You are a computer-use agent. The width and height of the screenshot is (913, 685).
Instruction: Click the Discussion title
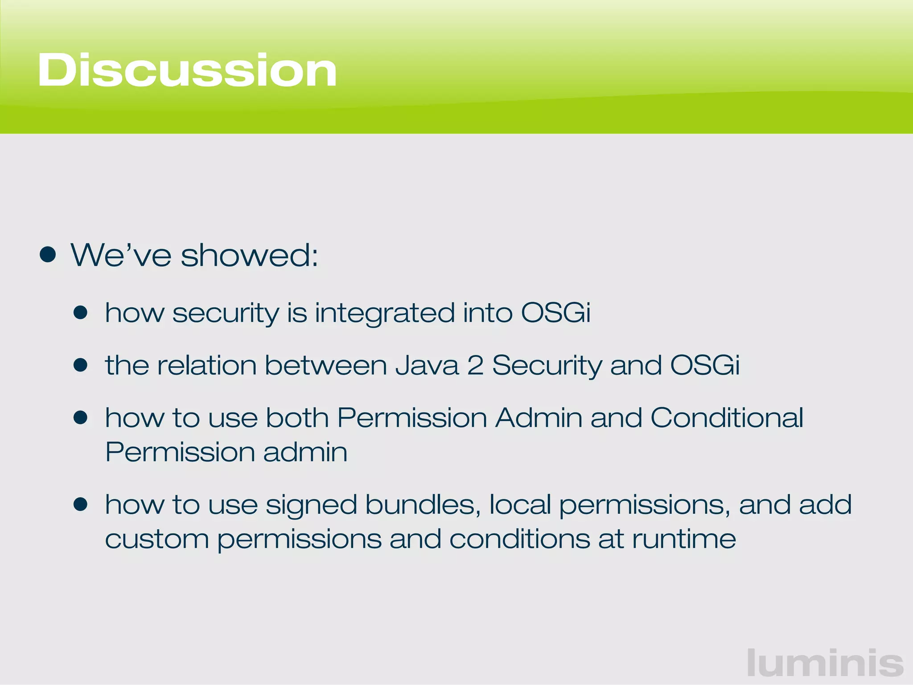tap(187, 70)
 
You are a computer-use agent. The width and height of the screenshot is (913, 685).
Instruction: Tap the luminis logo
tap(825, 663)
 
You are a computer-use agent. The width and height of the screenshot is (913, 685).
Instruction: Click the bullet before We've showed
tap(48, 255)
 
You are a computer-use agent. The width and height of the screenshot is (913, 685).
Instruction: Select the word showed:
tap(250, 256)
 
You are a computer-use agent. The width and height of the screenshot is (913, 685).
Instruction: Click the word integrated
tap(385, 313)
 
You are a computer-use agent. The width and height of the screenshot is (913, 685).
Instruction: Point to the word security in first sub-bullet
tap(226, 313)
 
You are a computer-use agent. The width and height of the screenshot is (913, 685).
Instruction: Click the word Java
tap(427, 366)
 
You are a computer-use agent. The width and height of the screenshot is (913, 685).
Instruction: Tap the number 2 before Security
tap(475, 366)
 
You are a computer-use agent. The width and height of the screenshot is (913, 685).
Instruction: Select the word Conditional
tap(727, 418)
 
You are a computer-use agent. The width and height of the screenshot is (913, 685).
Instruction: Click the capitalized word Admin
tap(539, 418)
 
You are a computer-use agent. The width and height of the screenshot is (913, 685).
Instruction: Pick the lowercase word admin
tap(305, 452)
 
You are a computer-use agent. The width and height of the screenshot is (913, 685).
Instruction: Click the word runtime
tap(684, 539)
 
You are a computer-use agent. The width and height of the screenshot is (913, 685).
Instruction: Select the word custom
tap(157, 539)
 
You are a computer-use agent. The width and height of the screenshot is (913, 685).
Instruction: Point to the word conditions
tap(520, 539)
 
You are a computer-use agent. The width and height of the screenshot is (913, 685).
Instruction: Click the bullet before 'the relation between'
tap(81, 366)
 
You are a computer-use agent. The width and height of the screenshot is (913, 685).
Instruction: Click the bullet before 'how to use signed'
tap(81, 505)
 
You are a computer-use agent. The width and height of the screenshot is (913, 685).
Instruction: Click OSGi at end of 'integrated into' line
tap(555, 313)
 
